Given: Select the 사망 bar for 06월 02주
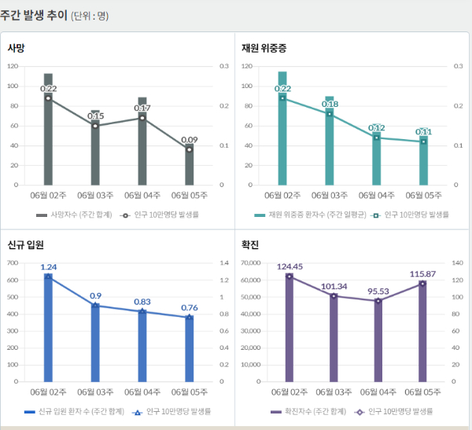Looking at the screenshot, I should [48, 134].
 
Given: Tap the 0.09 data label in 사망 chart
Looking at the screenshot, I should [190, 140].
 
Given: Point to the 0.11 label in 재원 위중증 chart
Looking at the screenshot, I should [423, 132].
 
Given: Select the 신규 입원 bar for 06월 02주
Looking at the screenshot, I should [48, 330].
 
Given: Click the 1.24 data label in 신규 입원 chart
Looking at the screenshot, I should [48, 267].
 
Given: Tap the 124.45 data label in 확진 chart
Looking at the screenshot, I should [290, 267].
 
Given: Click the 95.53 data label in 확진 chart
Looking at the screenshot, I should [378, 291].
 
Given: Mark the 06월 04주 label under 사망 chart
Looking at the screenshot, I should [142, 194].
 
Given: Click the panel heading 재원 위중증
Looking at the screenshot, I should [263, 49].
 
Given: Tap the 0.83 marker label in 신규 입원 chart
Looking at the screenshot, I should [142, 302].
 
